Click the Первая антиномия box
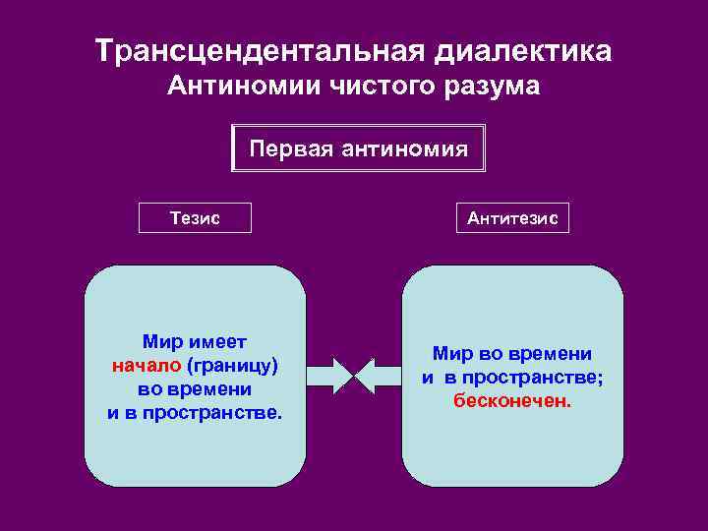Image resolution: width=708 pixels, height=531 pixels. [x=358, y=148]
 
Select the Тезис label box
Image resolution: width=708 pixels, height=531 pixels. [x=195, y=218]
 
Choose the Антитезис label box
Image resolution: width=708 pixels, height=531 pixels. [x=511, y=218]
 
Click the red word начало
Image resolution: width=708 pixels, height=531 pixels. [x=146, y=366]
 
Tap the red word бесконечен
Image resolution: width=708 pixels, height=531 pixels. [x=511, y=400]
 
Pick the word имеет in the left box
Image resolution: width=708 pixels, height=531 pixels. [x=220, y=342]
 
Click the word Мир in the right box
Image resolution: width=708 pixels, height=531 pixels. [x=453, y=353]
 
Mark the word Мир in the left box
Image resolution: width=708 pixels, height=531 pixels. [x=162, y=342]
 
